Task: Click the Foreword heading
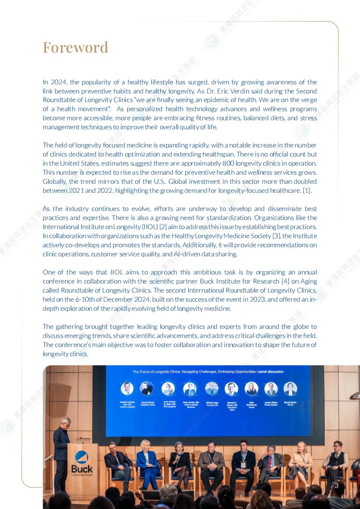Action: click(x=75, y=47)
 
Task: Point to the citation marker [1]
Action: click(x=307, y=191)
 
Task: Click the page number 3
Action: click(x=336, y=486)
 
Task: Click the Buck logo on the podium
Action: click(x=82, y=461)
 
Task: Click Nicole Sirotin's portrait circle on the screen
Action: click(x=290, y=389)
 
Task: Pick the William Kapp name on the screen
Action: click(x=212, y=403)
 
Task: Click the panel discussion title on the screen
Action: click(x=208, y=372)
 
